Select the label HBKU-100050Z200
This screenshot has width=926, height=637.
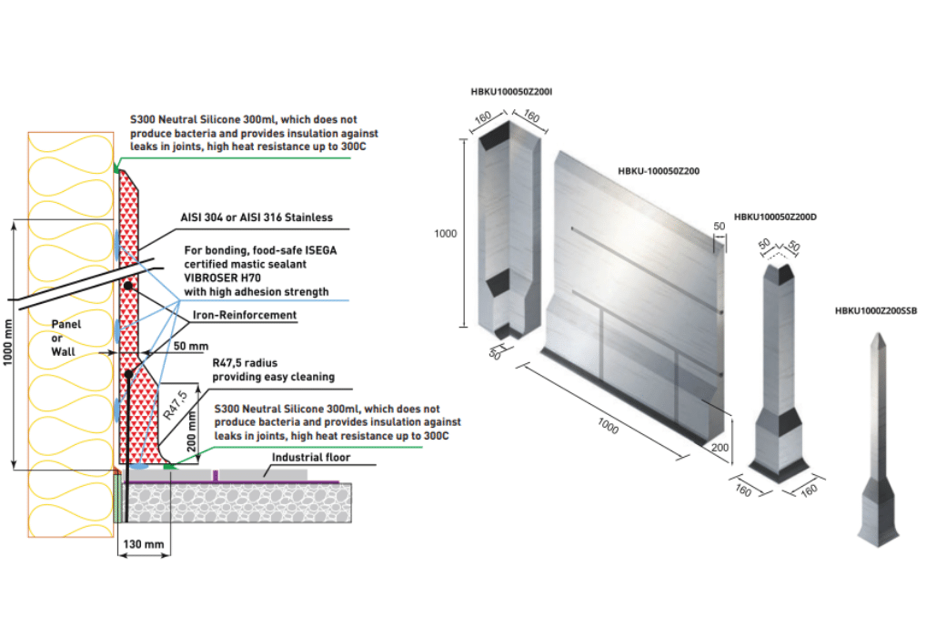659,170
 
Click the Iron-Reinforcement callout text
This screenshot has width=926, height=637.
243,315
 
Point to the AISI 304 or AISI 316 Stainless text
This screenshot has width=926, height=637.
256,217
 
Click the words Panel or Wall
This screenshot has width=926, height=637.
65,338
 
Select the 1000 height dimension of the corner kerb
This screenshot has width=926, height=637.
445,234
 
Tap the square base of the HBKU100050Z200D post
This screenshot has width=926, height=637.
778,464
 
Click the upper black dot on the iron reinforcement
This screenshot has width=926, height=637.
129,286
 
